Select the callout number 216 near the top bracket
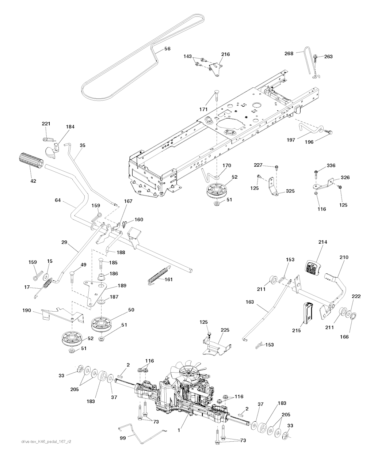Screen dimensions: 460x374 (225, 54)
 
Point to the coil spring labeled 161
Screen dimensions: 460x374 (159, 274)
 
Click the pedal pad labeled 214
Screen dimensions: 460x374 (314, 269)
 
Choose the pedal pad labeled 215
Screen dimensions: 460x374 (307, 313)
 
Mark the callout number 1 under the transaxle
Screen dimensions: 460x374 (179, 430)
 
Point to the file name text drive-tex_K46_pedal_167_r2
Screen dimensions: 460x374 (46, 452)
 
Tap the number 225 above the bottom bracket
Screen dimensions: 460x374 (225, 329)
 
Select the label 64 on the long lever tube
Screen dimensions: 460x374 (57, 200)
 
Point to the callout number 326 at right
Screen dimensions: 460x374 (345, 177)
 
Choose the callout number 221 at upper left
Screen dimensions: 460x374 (46, 124)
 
